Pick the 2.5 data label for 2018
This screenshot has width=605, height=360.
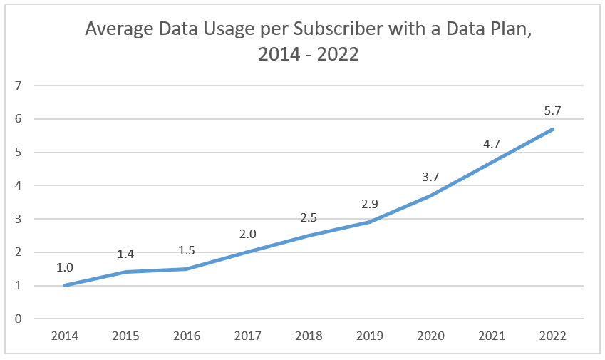tap(309, 217)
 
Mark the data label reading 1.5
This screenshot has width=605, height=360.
tap(186, 250)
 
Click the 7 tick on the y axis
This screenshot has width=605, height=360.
tap(18, 86)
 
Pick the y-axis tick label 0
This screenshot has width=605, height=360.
tap(18, 319)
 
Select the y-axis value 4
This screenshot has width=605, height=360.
tap(18, 185)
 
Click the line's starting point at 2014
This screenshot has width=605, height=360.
tap(64, 285)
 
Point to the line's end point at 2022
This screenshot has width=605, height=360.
tap(553, 129)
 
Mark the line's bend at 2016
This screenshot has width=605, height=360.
tap(186, 269)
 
